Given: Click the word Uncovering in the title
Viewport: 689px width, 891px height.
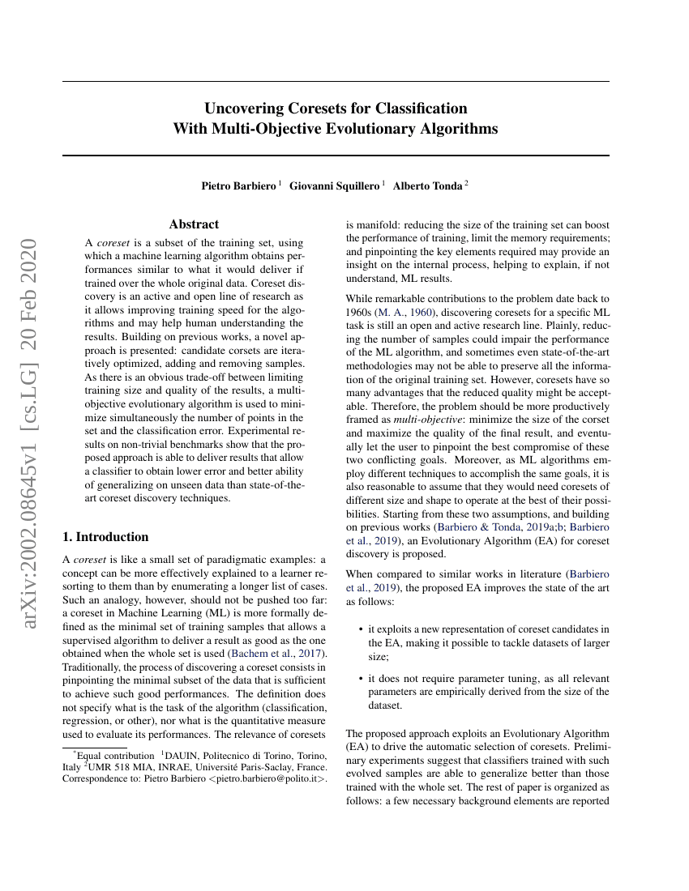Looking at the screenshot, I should pyautogui.click(x=242, y=109).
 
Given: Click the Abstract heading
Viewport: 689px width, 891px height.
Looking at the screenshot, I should pyautogui.click(x=194, y=224).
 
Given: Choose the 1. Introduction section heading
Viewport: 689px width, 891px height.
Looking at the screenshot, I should pyautogui.click(x=105, y=536).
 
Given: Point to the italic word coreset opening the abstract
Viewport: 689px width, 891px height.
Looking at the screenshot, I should pyautogui.click(x=113, y=242).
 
